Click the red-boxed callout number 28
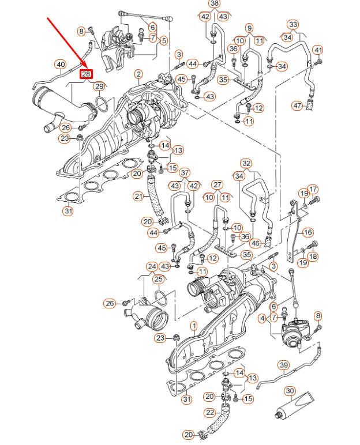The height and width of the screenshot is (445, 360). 86,74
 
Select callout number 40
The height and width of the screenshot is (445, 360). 61,64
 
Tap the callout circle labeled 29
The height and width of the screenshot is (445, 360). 99,86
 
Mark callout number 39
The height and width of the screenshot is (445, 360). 283,365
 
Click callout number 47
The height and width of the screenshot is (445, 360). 297,105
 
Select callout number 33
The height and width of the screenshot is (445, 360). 293,25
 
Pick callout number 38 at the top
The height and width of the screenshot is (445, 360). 215,3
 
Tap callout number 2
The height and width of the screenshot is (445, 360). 138,74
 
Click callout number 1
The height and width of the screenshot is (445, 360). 194,326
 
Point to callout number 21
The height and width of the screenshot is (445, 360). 138,197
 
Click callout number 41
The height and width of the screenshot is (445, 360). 318,50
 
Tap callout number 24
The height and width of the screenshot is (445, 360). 151,266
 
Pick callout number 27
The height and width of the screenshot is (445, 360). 216,184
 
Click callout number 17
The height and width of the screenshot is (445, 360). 313,189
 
